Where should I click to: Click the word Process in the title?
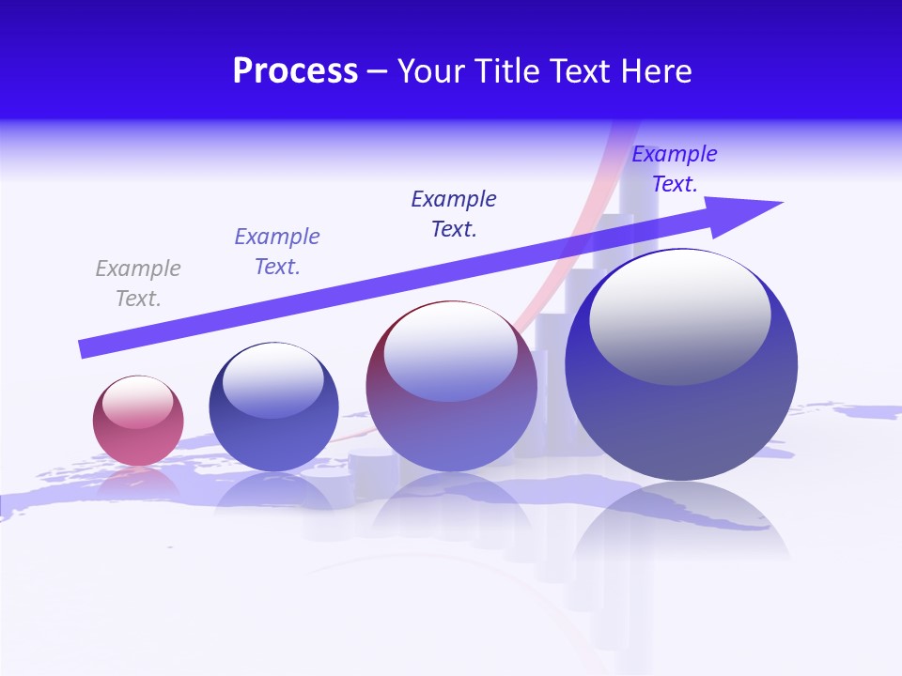point(295,71)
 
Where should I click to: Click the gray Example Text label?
point(138,284)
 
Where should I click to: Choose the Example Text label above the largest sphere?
point(674,169)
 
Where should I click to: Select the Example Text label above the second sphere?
point(277,251)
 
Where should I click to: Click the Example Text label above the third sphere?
point(454,213)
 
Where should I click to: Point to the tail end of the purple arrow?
point(87,348)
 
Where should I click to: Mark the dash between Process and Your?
point(377,71)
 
